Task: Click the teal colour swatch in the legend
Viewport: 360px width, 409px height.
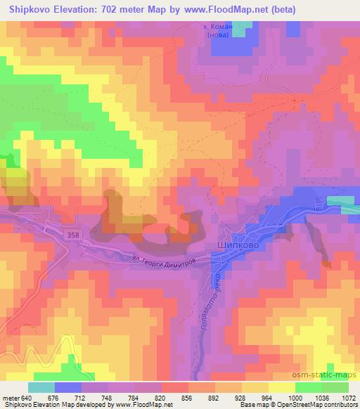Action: pyautogui.click(x=41, y=387)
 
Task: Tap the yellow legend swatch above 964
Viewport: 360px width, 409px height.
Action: pyautogui.click(x=282, y=387)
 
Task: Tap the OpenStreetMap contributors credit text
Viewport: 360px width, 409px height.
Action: pyautogui.click(x=317, y=405)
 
